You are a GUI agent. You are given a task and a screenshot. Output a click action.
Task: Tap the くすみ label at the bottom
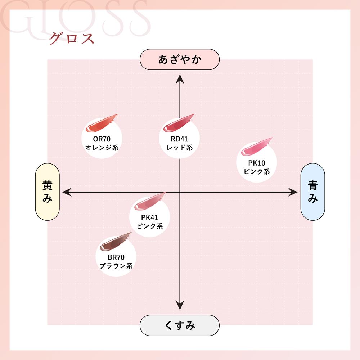(x=180, y=325)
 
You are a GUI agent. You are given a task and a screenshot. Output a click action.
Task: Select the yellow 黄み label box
(x=47, y=192)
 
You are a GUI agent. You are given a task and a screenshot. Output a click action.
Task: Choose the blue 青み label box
(x=312, y=192)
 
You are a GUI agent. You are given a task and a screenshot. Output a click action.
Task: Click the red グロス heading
(x=71, y=39)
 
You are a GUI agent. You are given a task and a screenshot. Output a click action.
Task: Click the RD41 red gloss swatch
(x=179, y=122)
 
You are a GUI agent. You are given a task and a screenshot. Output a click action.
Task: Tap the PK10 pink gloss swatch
(x=256, y=145)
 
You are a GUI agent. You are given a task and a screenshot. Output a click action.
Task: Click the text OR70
(x=102, y=139)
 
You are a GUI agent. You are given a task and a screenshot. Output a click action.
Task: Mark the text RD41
(x=179, y=139)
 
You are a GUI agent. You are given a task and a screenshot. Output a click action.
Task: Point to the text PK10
(x=256, y=163)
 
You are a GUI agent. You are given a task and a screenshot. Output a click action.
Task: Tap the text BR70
(x=116, y=258)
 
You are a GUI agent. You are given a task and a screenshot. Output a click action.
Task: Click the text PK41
(x=149, y=218)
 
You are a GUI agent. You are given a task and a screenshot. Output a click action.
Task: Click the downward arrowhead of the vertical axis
(x=180, y=306)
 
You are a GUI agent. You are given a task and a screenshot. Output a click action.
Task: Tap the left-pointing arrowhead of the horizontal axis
(x=66, y=193)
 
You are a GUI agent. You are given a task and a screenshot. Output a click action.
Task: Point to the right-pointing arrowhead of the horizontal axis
(x=293, y=193)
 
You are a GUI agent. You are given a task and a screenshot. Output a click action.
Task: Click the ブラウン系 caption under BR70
(x=116, y=266)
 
